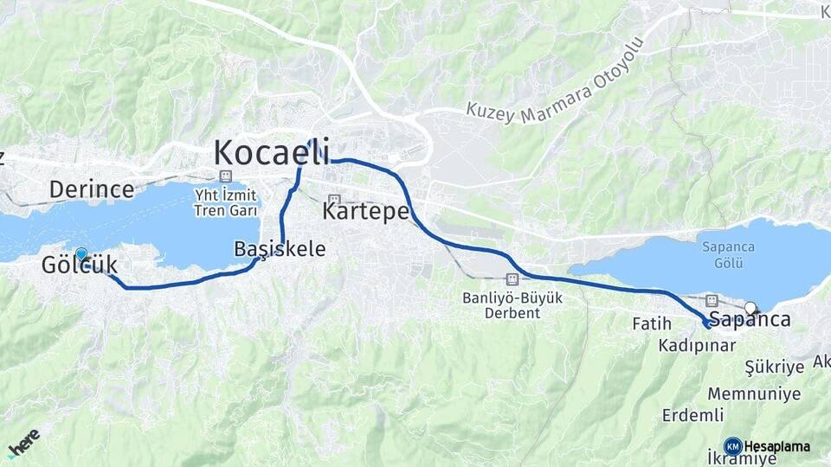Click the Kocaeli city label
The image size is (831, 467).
click(x=271, y=152)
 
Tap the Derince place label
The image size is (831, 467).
click(x=91, y=189)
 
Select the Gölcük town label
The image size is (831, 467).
click(x=79, y=266)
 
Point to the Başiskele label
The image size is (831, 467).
click(x=280, y=249)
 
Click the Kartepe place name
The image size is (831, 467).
click(x=364, y=210)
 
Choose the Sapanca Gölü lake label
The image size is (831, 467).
click(x=728, y=254)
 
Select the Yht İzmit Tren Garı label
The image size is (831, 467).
click(x=227, y=203)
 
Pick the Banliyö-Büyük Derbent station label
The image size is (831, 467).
click(x=512, y=305)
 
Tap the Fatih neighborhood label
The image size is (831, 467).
click(x=652, y=324)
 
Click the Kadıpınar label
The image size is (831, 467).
click(x=697, y=346)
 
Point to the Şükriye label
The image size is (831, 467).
click(x=775, y=367)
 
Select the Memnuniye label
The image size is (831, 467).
click(x=753, y=393)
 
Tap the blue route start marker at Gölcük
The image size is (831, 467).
click(x=81, y=253)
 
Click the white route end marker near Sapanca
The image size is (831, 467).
click(x=750, y=307)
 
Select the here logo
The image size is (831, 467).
click(x=23, y=443)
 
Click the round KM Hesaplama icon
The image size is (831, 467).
click(x=733, y=446)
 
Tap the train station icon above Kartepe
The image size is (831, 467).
click(x=334, y=200)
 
